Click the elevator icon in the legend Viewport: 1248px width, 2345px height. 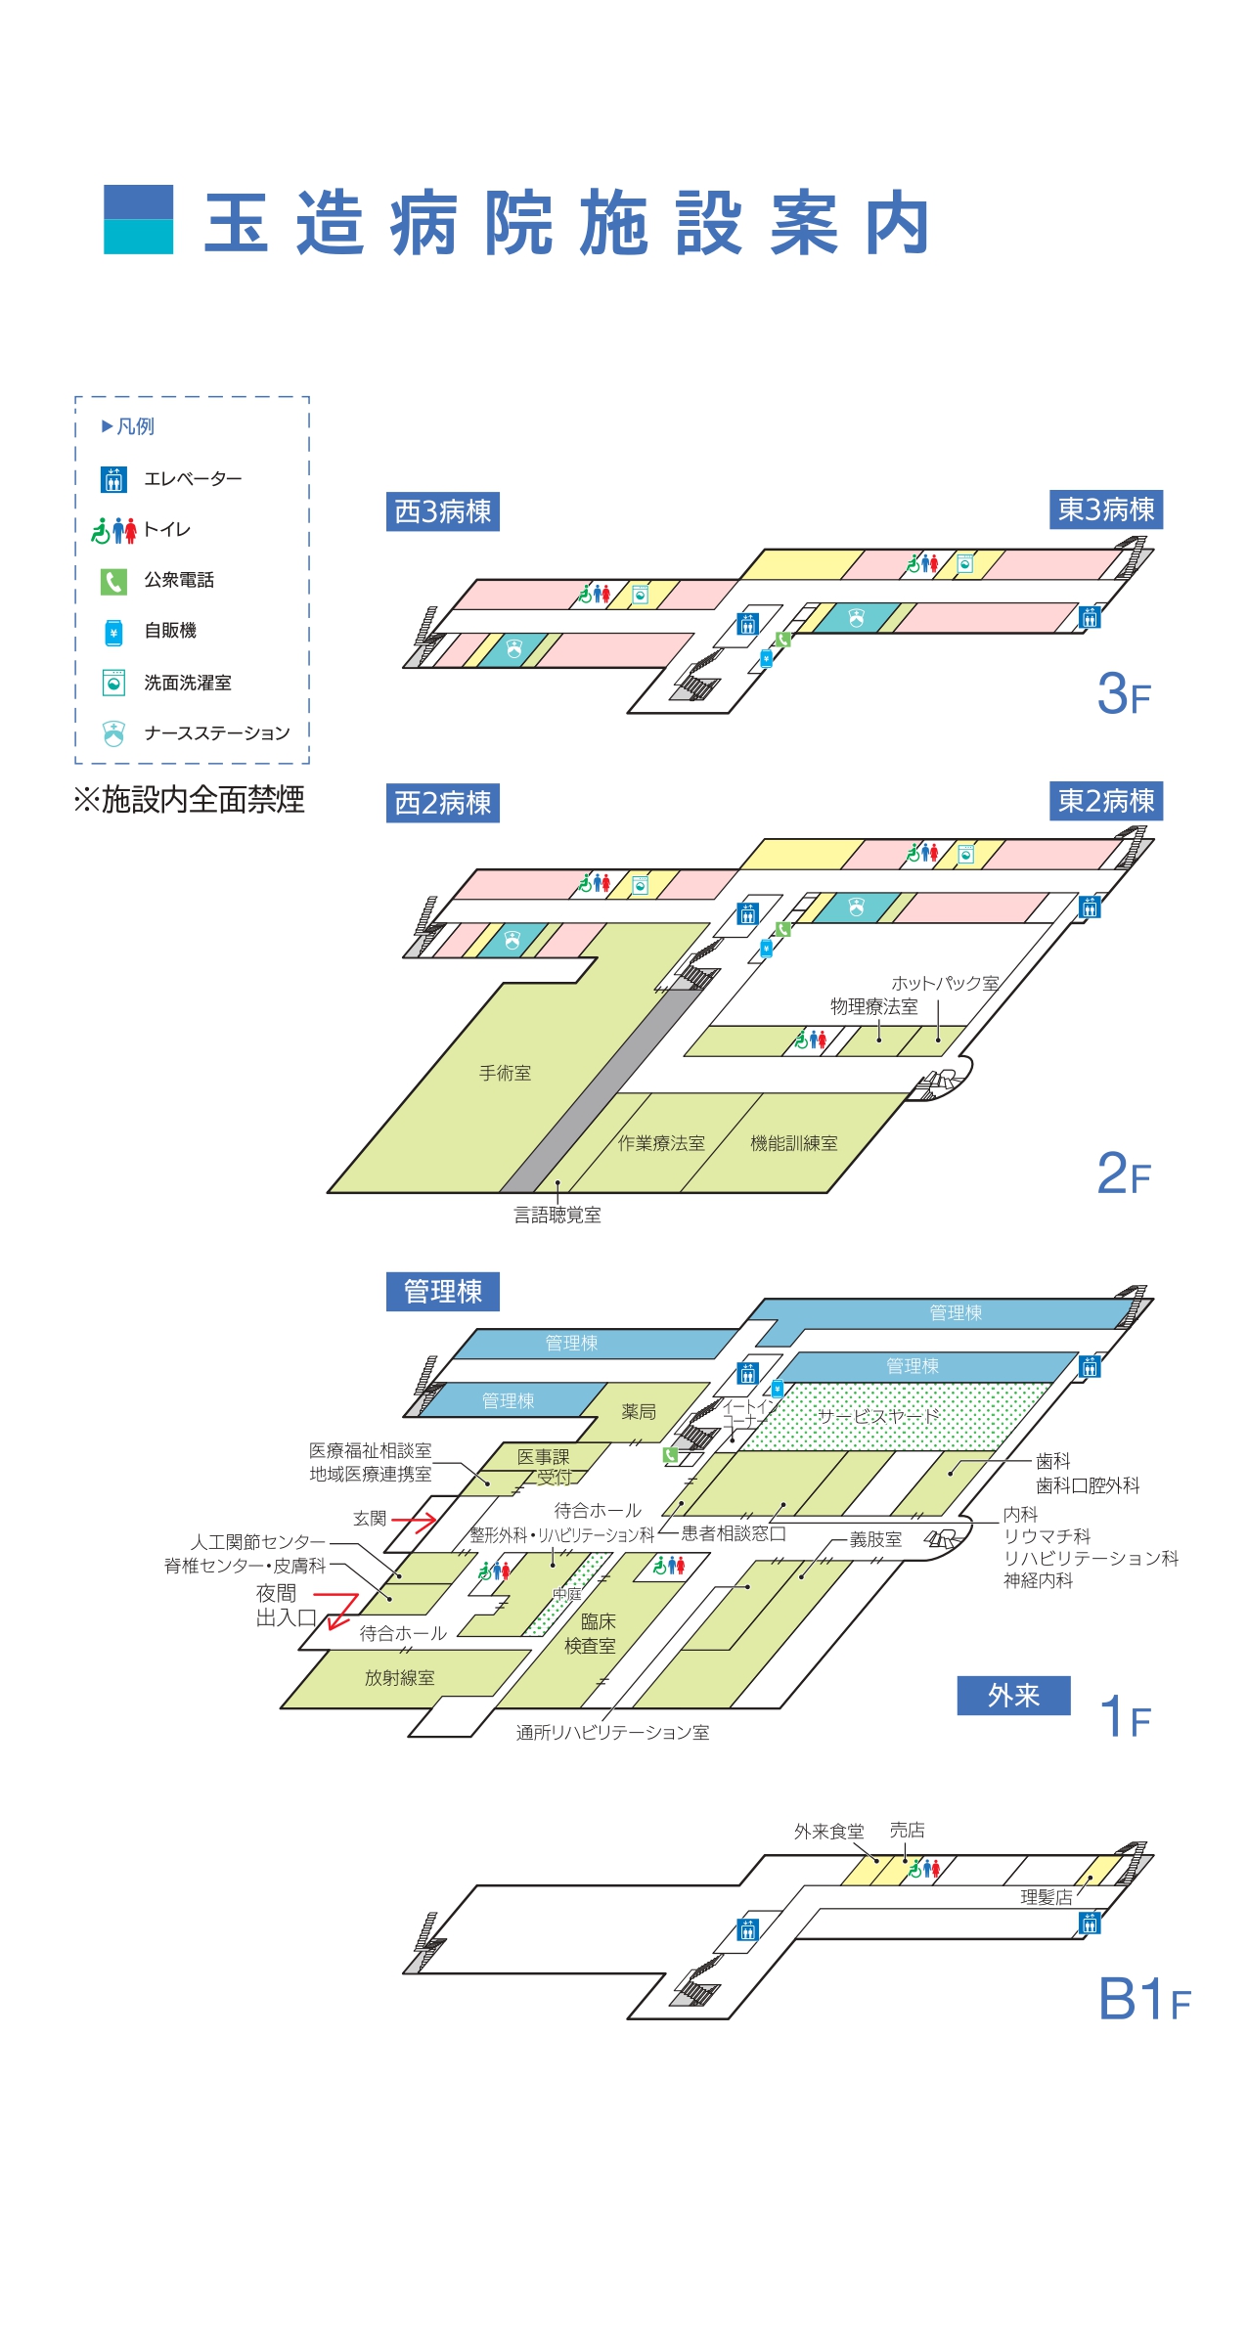[113, 479]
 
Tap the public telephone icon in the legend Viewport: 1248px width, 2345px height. [113, 582]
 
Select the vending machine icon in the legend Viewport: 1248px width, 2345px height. [113, 632]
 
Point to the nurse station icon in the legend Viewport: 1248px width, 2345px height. [113, 733]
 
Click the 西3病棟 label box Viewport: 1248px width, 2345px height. [442, 511]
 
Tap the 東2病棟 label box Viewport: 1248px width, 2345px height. [1106, 801]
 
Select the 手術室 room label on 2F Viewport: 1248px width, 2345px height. [505, 1073]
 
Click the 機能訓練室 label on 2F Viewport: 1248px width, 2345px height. [793, 1143]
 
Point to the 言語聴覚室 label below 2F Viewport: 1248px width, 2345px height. [557, 1215]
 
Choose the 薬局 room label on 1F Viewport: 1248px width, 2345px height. [639, 1411]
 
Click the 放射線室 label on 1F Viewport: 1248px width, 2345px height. [399, 1678]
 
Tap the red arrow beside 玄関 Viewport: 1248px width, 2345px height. [414, 1522]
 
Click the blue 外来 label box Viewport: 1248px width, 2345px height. [1013, 1696]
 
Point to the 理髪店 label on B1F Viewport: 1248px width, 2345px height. [1046, 1897]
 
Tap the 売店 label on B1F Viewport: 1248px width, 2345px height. [907, 1830]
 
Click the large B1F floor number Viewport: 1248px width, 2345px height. [1143, 1999]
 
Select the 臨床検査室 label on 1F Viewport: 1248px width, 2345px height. [591, 1634]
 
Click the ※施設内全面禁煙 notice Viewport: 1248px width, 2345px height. [189, 800]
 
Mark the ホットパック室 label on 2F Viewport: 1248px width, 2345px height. [945, 983]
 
